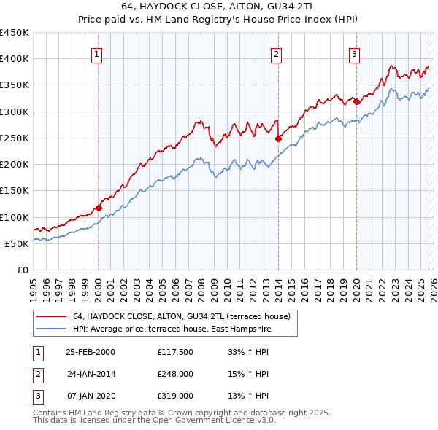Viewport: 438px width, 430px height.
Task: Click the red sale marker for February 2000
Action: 99,208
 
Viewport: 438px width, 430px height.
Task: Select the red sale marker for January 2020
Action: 356,102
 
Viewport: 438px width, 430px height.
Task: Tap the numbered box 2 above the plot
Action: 277,53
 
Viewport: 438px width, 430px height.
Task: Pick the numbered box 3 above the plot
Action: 354,53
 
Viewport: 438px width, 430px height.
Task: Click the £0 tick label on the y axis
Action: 22,270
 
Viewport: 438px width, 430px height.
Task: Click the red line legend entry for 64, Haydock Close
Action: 182,316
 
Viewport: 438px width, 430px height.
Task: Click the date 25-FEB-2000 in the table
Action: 90,351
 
